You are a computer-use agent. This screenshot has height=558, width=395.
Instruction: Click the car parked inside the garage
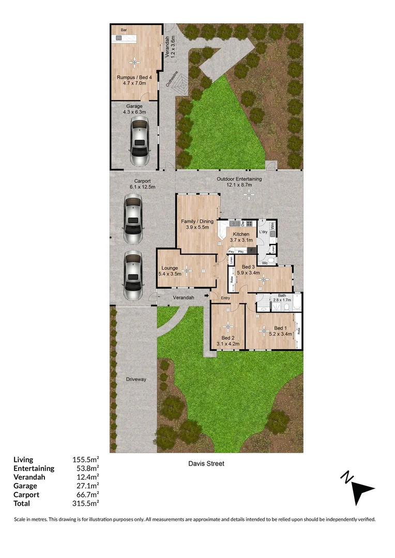(x=139, y=138)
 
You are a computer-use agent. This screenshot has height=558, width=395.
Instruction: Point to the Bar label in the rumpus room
(x=124, y=30)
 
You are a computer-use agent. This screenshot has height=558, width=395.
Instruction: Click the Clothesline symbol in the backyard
(x=180, y=84)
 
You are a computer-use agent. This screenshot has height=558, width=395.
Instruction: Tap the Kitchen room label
(x=240, y=234)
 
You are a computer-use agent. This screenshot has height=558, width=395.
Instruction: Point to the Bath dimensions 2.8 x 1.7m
(x=282, y=300)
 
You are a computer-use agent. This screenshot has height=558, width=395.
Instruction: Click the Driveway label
(x=136, y=379)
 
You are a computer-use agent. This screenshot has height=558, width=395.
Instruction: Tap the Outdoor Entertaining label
(x=239, y=179)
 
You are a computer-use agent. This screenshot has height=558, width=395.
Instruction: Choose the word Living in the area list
(x=23, y=459)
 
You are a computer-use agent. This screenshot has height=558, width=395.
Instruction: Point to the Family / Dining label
(x=197, y=222)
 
